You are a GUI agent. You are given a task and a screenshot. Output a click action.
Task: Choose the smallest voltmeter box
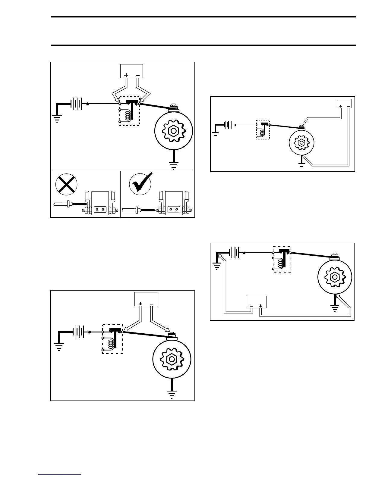pos(344,103)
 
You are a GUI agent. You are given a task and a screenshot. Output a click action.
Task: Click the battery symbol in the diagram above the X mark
pos(76,104)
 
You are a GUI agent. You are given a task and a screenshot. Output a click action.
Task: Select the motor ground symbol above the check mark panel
pos(174,165)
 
